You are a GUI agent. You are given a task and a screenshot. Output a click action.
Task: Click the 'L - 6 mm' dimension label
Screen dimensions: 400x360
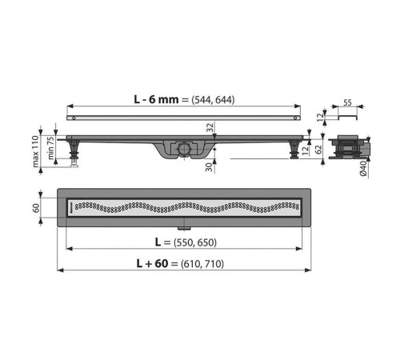[156, 99]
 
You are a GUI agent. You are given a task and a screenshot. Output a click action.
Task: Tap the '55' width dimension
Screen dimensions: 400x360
[347, 102]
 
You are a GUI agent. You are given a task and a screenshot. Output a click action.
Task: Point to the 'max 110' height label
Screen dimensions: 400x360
[35, 151]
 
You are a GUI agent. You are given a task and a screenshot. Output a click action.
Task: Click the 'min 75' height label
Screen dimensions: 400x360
[50, 148]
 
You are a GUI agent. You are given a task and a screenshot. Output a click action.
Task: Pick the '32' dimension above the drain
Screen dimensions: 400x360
[210, 127]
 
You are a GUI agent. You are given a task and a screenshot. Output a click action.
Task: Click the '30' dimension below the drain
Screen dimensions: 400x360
[210, 167]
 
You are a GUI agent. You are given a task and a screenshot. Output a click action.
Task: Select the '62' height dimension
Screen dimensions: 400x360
[318, 150]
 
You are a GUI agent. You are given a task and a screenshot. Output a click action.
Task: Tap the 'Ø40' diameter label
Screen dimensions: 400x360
[363, 169]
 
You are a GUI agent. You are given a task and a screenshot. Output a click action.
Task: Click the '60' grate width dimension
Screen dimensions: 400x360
[36, 208]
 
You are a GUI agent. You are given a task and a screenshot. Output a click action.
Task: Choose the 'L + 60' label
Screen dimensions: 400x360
[152, 263]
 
